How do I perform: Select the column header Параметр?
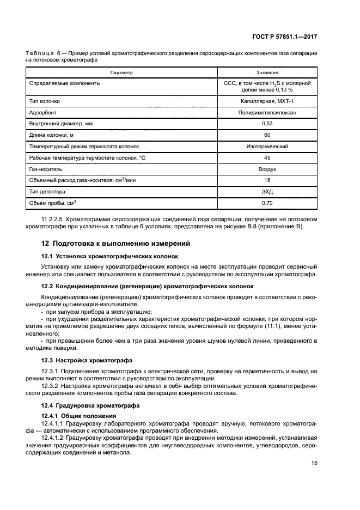(121, 72)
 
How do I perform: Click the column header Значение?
(267, 72)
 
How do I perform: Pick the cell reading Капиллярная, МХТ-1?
(267, 101)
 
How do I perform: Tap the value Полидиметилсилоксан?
(267, 112)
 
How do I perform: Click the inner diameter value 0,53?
(267, 124)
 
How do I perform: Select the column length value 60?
(267, 135)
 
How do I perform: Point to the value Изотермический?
(267, 146)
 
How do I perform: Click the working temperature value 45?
(267, 157)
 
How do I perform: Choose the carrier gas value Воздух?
(267, 169)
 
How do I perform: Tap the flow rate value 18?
(267, 180)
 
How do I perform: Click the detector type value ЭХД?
(267, 191)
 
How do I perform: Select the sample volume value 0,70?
(267, 203)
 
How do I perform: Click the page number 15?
(314, 463)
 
